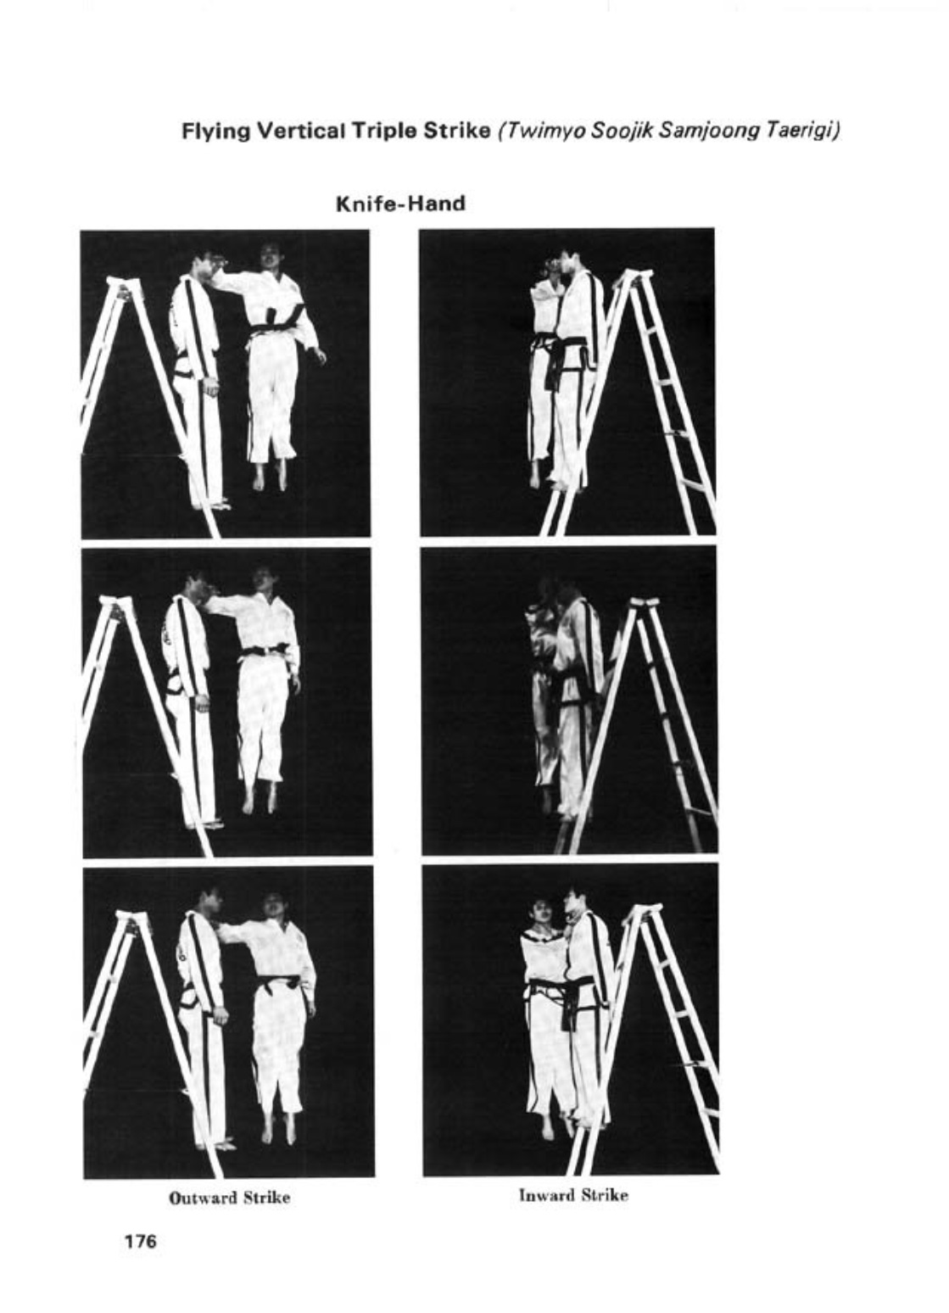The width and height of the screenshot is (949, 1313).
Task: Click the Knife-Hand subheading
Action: tap(401, 204)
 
